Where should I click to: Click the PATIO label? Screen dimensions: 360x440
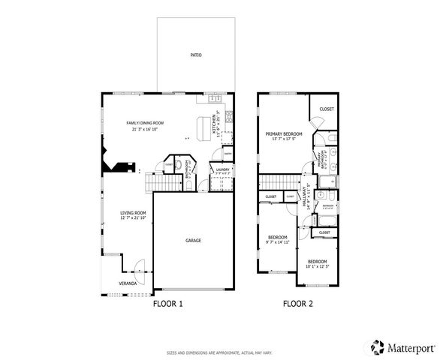(x=195, y=55)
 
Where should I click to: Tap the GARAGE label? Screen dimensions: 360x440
(x=194, y=241)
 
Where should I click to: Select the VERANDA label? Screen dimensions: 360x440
(x=128, y=283)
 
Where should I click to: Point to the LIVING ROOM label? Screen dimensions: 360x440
(x=133, y=213)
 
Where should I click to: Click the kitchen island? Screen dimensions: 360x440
(x=203, y=127)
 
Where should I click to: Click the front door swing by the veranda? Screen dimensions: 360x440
(x=137, y=265)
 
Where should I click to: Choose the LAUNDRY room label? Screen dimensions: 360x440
(x=222, y=169)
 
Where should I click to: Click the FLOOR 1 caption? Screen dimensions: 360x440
(x=167, y=304)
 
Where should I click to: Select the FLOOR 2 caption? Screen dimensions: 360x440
(x=297, y=304)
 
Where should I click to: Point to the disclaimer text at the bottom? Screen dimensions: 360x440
(x=219, y=351)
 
